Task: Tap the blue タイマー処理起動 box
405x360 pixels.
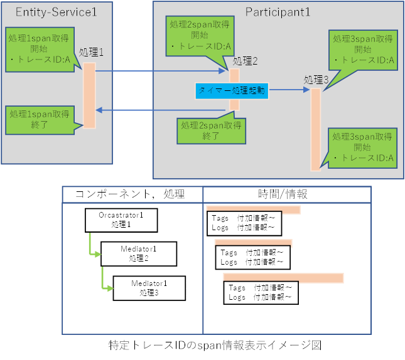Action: pyautogui.click(x=232, y=91)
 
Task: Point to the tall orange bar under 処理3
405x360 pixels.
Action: pyautogui.click(x=315, y=129)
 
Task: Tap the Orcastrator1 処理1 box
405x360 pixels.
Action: pyautogui.click(x=121, y=220)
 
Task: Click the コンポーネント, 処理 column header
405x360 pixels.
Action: pyautogui.click(x=131, y=194)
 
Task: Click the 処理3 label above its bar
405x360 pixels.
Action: pyautogui.click(x=316, y=80)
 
